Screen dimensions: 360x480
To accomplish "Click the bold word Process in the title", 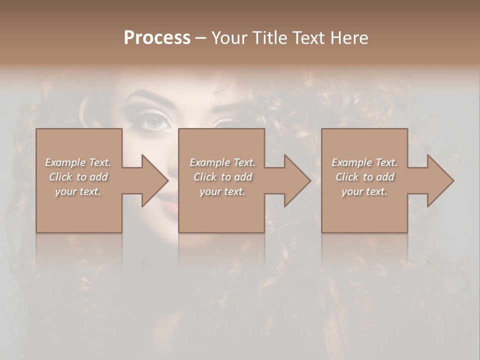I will click(x=157, y=37).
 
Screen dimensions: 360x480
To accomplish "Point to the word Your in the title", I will click(x=231, y=37).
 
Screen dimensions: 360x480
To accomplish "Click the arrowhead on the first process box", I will click(x=150, y=180).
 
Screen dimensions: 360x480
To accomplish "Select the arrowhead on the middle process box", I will click(x=293, y=180).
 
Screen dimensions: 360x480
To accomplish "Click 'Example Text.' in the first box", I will click(x=78, y=162).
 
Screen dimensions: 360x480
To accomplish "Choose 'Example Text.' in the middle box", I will click(x=222, y=162).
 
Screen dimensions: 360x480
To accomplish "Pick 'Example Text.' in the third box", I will click(x=364, y=162).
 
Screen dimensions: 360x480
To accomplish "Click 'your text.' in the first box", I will click(x=78, y=191).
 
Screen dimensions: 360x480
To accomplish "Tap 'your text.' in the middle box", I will click(x=222, y=191).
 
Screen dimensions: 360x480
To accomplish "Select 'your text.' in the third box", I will click(x=364, y=191).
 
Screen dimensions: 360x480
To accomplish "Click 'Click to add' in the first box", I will click(x=78, y=177).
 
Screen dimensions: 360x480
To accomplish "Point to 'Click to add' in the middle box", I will click(x=222, y=177).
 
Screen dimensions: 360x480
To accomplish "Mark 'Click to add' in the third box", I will click(x=365, y=177).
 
